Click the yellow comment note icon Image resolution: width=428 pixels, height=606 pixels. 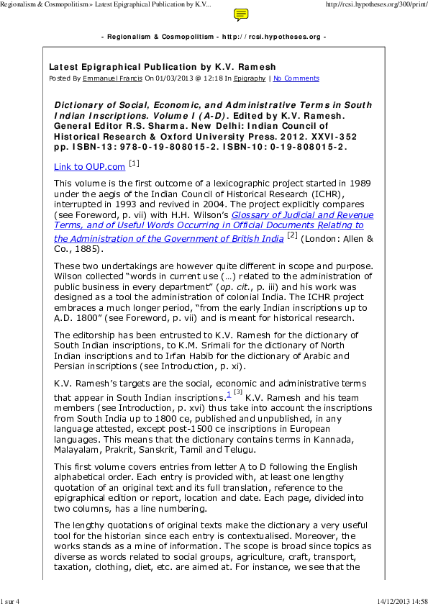pos(242,14)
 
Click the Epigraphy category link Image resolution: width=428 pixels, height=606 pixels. pos(250,78)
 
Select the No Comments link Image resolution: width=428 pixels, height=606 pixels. pos(296,78)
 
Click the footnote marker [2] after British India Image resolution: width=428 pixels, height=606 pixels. pos(291,235)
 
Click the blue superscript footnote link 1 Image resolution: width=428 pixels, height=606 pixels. pos(228,394)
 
